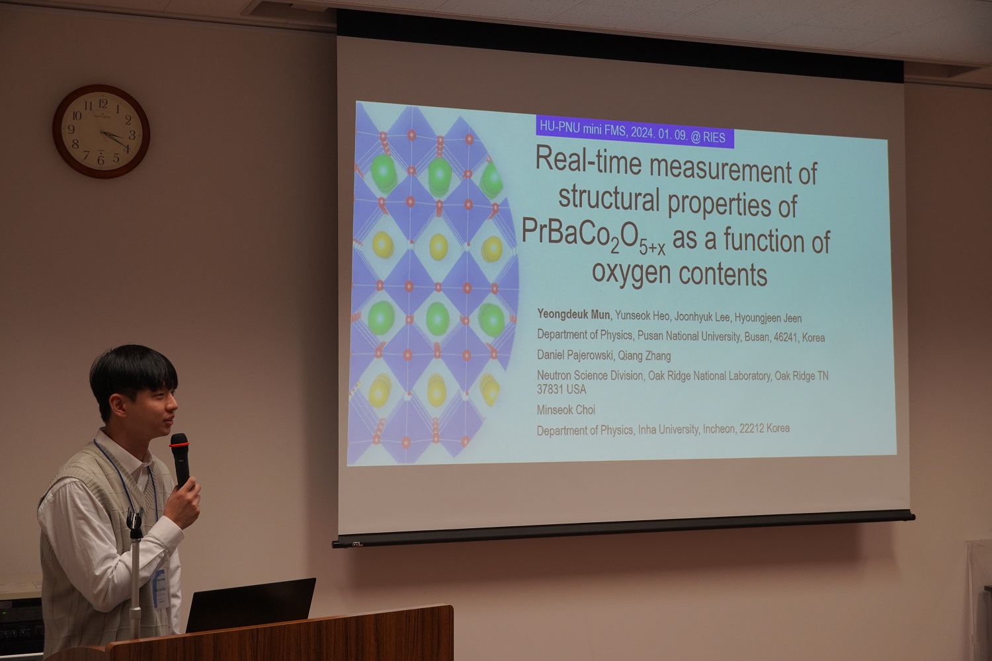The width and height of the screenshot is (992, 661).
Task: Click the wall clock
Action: coord(101,132)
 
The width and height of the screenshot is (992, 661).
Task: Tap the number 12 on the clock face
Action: coord(103,104)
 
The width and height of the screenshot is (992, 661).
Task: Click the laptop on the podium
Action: coord(251,605)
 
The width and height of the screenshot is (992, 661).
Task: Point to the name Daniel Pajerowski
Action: coord(575,354)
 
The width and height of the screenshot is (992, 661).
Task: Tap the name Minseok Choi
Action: coord(566,410)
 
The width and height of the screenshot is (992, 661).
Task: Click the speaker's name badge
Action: coord(161,587)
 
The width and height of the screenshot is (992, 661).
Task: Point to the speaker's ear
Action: coord(117,405)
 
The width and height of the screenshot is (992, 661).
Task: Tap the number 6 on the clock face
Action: coord(101,160)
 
